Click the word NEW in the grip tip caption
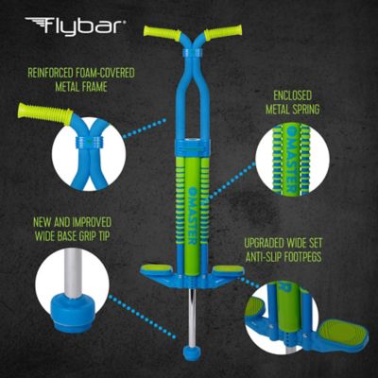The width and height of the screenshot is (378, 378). (x=36, y=226)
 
